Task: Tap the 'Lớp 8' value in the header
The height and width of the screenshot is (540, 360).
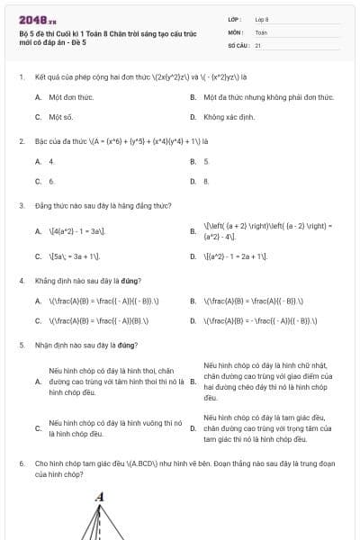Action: (262, 18)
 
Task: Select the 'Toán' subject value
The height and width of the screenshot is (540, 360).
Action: (261, 31)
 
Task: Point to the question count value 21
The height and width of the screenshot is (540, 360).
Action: (258, 44)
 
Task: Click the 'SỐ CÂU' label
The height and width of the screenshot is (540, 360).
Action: (238, 44)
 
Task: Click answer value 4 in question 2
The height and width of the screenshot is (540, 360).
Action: (51, 161)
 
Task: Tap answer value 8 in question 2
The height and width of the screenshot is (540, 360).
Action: (206, 181)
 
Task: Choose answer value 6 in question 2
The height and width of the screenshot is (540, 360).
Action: (51, 181)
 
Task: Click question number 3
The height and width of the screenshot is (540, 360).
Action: (21, 205)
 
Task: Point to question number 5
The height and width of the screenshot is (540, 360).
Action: (21, 345)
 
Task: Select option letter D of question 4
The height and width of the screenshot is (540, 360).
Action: (193, 320)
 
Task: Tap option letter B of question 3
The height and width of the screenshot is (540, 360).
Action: (193, 231)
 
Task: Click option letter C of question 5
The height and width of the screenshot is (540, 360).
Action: (38, 428)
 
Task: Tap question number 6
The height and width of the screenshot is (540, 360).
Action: (21, 463)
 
